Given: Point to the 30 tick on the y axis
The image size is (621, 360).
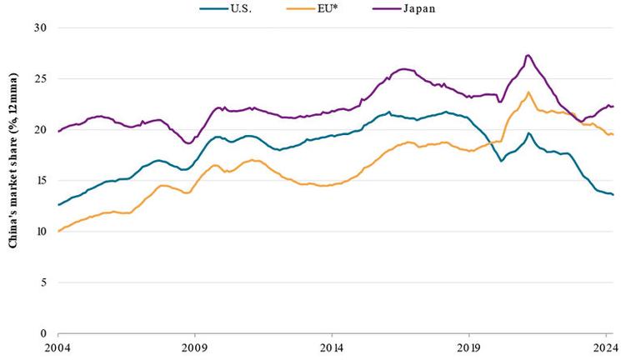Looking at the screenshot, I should (x=39, y=27).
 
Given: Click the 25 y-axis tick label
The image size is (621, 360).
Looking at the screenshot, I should (x=39, y=78).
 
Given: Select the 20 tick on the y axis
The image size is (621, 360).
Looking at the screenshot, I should (x=39, y=130).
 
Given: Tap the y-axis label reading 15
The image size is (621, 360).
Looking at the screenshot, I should (x=39, y=181).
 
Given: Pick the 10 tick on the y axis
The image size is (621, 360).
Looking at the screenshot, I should (x=39, y=232).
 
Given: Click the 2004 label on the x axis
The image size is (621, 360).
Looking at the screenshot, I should (x=58, y=347).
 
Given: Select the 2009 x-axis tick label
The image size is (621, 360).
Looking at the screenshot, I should (x=194, y=347).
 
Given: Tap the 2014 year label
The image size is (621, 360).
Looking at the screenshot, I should (x=332, y=347).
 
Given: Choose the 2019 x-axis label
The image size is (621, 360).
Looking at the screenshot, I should (x=468, y=347).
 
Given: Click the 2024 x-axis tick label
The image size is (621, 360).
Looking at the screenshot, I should (x=604, y=347).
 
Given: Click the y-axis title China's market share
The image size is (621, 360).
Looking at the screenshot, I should (x=14, y=179).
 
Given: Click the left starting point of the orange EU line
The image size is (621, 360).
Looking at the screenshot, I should (x=58, y=231).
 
